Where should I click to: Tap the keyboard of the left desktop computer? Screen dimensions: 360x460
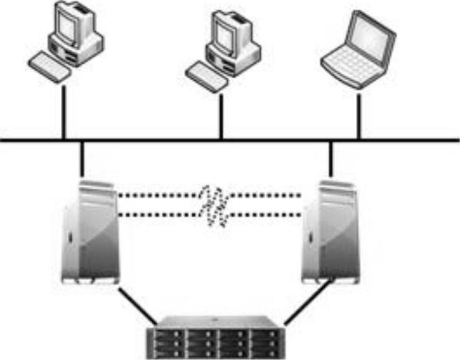tap(49, 67)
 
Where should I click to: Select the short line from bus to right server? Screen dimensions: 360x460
tap(331, 158)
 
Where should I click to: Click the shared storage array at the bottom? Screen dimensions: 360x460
tap(213, 336)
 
